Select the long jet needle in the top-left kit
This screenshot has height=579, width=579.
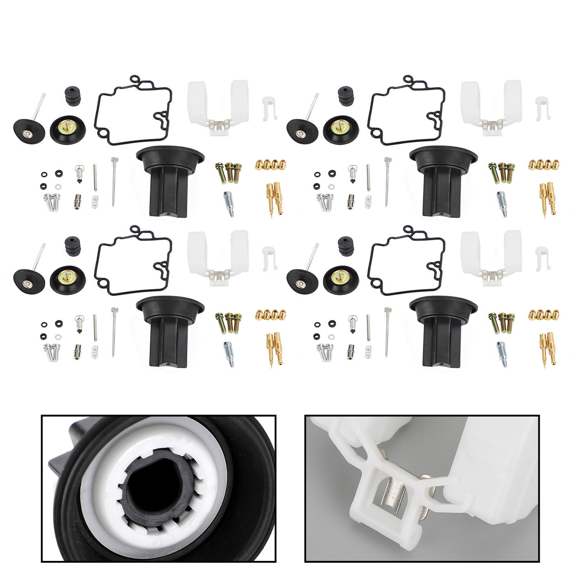point(114,181)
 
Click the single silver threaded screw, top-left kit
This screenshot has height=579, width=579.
point(229,204)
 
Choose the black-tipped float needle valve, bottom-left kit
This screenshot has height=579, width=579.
point(78,323)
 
